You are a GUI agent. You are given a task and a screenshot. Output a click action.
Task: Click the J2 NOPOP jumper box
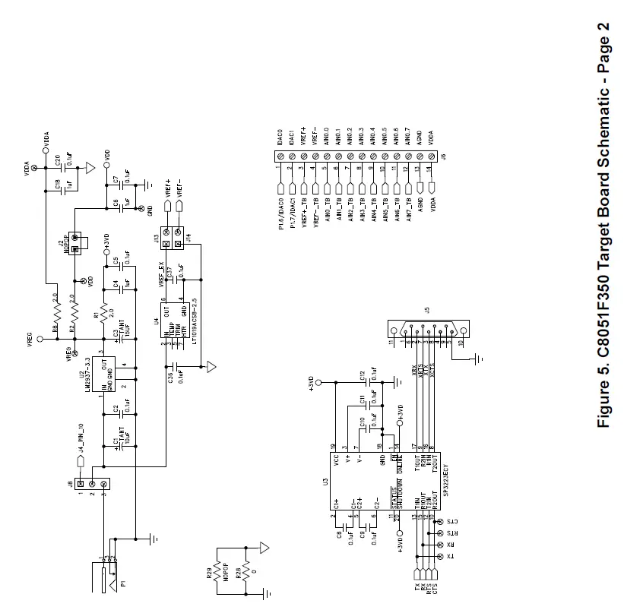coord(74,244)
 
